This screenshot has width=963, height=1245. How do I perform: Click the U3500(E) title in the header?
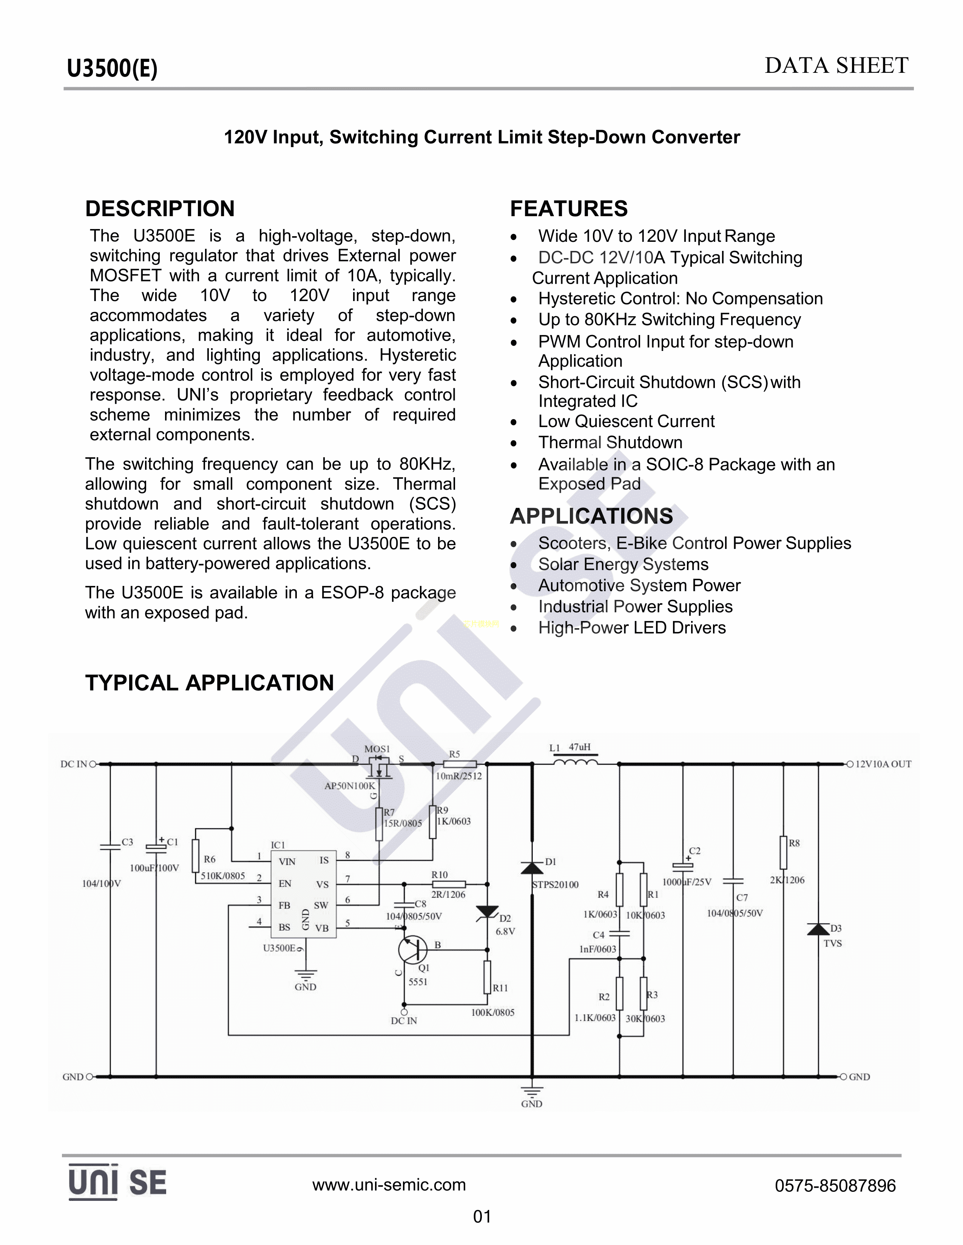112,68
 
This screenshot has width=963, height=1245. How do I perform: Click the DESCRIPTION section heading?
160,209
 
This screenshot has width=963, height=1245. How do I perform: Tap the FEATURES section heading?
568,209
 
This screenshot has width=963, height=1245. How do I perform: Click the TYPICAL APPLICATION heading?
209,682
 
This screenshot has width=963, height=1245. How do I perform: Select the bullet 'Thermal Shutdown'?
610,443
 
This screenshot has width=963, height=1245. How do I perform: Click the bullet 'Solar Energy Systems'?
623,564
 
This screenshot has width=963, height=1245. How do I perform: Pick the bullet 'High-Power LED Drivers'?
631,628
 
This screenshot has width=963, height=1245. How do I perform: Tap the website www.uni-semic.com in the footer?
389,1185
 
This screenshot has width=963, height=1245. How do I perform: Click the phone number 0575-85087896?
835,1186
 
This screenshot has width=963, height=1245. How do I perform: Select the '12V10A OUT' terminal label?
883,764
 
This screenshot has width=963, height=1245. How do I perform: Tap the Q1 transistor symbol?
412,949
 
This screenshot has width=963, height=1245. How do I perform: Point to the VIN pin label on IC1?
287,861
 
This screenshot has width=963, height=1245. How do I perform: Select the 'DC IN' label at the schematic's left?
74,764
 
